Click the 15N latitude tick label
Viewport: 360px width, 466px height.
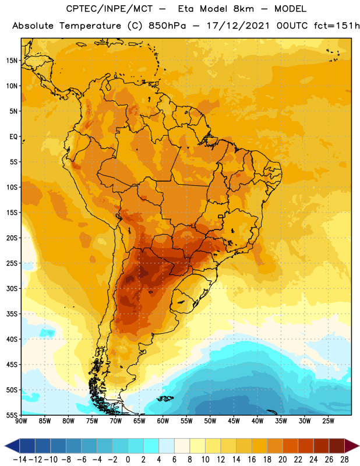click(12, 61)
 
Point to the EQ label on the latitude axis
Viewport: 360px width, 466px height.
click(13, 137)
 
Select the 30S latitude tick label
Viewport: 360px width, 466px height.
click(12, 288)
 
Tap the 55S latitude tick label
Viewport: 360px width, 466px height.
click(12, 415)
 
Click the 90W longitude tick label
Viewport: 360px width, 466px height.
click(22, 421)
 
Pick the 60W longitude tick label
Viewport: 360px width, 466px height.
click(163, 421)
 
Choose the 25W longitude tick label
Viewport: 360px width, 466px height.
click(328, 421)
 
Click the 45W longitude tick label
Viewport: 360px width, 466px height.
click(234, 421)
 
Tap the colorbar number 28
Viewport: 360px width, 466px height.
click(344, 460)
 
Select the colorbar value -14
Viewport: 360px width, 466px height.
click(20, 460)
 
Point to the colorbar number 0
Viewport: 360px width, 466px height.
click(128, 460)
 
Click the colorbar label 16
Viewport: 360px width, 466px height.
click(252, 460)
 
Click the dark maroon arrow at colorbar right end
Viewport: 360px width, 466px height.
click(351, 446)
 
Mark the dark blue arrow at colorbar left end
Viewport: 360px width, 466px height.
click(12, 446)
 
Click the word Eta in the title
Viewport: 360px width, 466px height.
click(186, 9)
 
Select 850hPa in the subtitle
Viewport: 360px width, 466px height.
click(167, 26)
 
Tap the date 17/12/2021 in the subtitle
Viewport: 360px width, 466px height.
click(238, 26)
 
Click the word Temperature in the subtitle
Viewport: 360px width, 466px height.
click(90, 26)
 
